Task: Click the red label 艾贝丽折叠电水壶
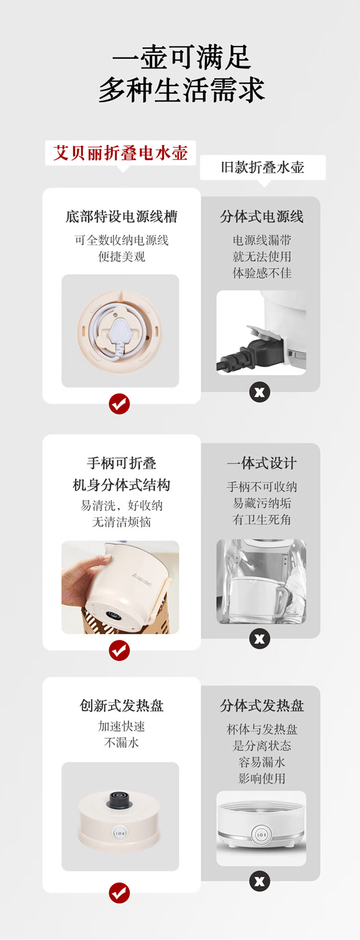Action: (x=120, y=153)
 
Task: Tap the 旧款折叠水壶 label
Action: (x=263, y=167)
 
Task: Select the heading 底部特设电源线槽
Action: (x=121, y=217)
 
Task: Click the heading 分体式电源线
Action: (x=262, y=217)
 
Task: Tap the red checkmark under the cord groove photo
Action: (x=119, y=404)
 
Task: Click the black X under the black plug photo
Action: (x=260, y=392)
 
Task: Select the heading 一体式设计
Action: (x=262, y=463)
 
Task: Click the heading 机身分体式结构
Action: (x=121, y=485)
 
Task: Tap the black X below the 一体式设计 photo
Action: (x=260, y=639)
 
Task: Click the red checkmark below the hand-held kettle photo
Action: (x=119, y=651)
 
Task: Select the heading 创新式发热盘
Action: (x=121, y=706)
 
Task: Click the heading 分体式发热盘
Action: (x=262, y=706)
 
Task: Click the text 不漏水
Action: (x=121, y=743)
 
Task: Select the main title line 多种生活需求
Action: (x=181, y=90)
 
